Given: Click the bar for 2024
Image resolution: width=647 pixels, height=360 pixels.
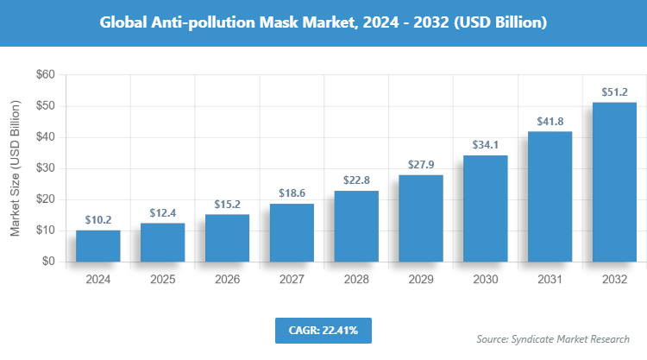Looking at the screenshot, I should click(x=97, y=246).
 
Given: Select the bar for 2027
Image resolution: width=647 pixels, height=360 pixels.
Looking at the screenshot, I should click(x=292, y=233).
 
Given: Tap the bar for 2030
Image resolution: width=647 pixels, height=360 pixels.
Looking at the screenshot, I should click(x=486, y=209).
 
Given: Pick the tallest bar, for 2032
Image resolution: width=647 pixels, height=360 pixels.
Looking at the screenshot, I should click(x=614, y=182).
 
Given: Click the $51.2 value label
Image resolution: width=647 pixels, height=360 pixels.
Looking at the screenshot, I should click(x=614, y=92).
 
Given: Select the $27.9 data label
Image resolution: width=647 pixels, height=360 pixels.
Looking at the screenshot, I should click(x=421, y=164).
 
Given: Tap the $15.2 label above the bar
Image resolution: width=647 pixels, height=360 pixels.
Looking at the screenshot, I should click(x=227, y=204).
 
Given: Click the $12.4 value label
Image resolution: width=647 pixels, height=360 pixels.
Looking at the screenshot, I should click(x=162, y=212).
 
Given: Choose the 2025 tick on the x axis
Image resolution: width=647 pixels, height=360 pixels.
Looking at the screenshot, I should click(x=162, y=280).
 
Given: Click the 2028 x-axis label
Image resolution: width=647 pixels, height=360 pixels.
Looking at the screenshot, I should click(x=356, y=280).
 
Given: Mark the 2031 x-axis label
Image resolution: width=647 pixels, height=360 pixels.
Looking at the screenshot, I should click(x=550, y=280).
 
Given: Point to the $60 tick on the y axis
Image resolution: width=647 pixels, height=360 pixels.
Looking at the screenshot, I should click(x=46, y=75).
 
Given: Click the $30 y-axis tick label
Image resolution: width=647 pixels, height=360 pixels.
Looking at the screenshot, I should click(x=46, y=168).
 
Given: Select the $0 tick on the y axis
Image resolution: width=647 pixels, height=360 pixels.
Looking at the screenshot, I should click(x=49, y=262).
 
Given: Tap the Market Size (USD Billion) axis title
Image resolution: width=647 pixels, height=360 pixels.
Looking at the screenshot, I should click(x=16, y=168).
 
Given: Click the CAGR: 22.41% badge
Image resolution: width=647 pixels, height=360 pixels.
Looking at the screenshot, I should click(x=323, y=330).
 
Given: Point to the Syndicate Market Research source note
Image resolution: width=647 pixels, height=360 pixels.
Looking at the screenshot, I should click(x=553, y=339).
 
